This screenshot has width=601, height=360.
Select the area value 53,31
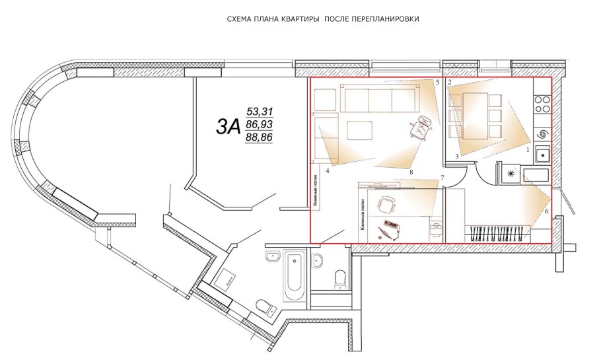click(259, 111)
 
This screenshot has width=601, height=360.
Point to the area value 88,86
click(259, 137)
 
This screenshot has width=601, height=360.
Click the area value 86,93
click(259, 124)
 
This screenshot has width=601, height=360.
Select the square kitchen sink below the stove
click(542, 155)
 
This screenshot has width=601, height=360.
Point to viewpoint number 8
click(411, 172)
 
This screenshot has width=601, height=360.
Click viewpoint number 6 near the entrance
click(546, 211)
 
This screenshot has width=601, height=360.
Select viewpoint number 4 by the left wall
click(328, 170)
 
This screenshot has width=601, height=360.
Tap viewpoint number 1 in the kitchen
click(527, 150)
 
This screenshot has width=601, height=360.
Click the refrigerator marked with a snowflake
click(509, 174)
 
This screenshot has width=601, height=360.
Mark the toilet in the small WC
click(340, 279)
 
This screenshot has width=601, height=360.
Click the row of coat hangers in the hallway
click(499, 232)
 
